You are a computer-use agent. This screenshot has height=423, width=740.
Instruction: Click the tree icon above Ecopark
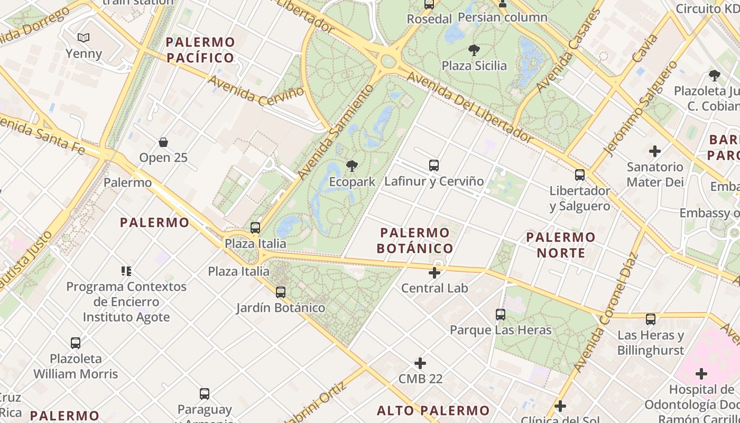[351, 167]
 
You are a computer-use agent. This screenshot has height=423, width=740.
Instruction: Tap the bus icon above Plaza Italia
[255, 228]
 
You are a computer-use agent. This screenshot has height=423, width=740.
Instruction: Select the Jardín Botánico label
[281, 308]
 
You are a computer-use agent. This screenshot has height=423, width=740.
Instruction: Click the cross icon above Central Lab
[434, 273]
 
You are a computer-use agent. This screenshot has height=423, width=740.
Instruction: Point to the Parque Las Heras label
[501, 330]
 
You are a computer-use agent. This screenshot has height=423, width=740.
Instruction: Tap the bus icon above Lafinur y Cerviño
[434, 165]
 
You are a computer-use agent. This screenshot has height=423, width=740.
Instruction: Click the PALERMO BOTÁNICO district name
[415, 241]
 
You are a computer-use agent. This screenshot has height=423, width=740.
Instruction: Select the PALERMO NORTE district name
[561, 245]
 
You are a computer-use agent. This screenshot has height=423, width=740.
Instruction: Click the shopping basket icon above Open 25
[163, 142]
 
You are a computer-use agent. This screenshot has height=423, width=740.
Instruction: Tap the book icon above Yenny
[84, 38]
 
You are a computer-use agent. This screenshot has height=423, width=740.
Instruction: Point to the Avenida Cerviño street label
[256, 90]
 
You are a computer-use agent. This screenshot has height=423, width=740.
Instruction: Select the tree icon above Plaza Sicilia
[474, 50]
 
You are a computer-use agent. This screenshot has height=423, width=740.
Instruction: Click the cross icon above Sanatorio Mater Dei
[655, 151]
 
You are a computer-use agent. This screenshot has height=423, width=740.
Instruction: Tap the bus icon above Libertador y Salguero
[580, 175]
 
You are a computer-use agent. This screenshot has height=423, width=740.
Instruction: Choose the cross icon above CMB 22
[420, 363]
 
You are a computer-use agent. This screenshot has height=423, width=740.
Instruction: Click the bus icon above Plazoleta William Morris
[76, 343]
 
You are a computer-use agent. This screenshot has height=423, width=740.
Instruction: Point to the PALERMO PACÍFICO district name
[200, 50]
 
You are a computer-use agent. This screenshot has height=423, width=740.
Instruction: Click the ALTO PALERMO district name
[433, 411]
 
